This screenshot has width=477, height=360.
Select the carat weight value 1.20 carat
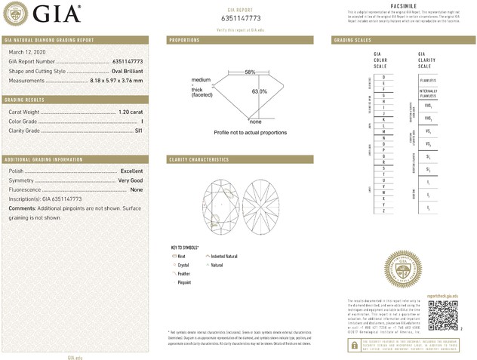point(130,112)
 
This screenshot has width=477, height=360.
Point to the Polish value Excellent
point(131,171)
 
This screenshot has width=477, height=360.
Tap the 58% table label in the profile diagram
point(249,72)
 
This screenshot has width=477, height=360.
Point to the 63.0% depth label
point(259,91)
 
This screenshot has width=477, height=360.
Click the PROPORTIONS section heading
point(184,39)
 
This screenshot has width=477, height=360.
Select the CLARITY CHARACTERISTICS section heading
point(198,160)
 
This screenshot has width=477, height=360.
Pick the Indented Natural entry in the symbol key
point(223,257)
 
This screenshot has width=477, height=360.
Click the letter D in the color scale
point(385,77)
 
